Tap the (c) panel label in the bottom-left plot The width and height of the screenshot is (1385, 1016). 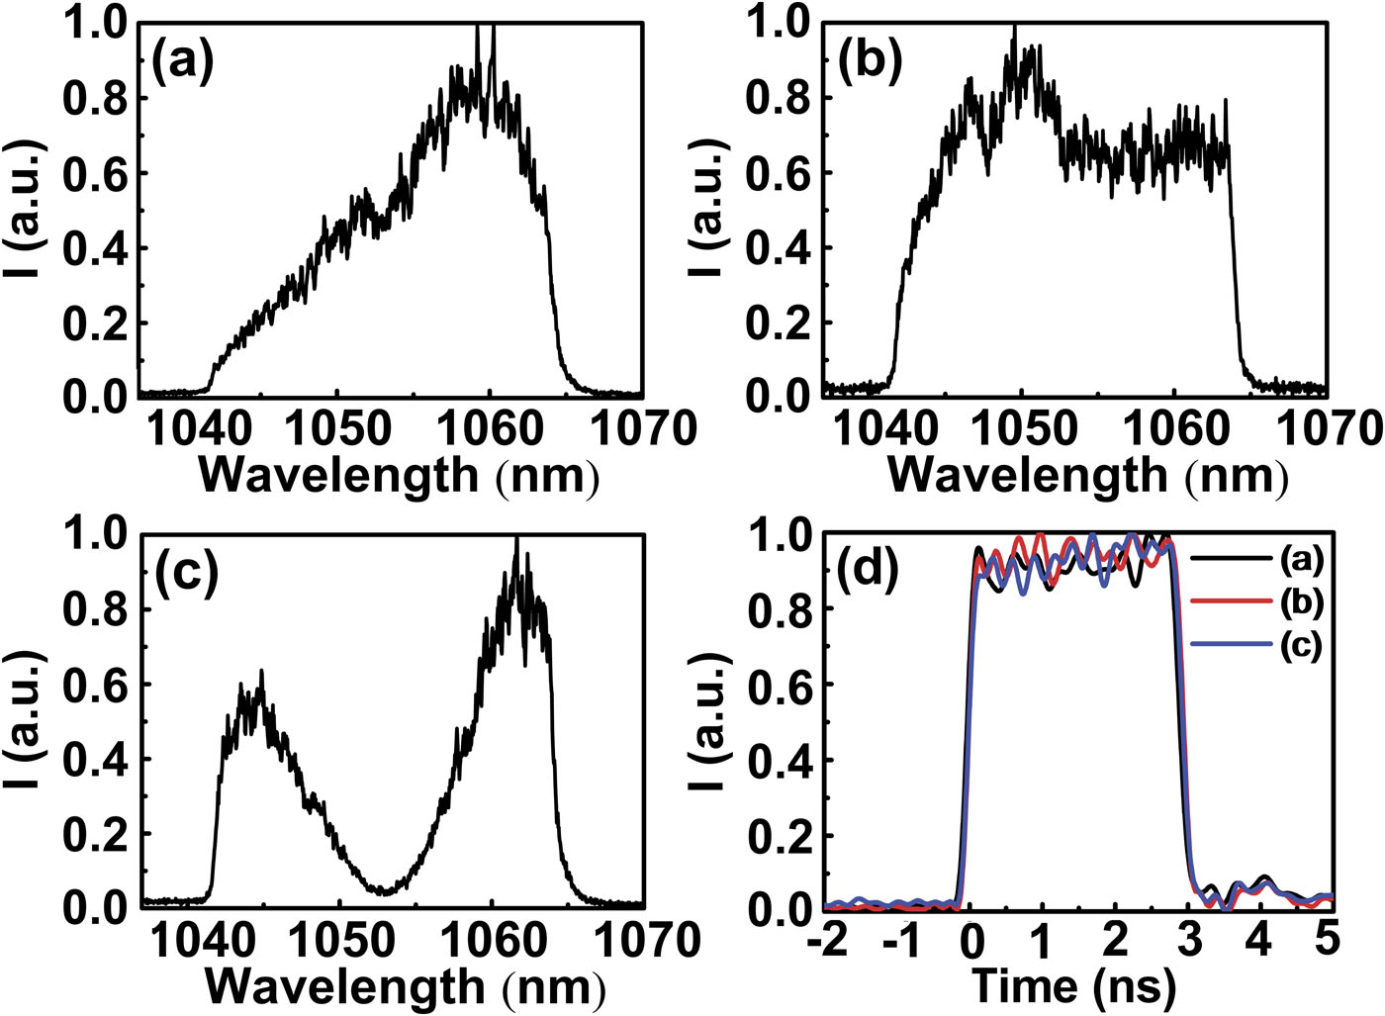185,576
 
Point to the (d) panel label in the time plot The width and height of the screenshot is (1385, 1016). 868,573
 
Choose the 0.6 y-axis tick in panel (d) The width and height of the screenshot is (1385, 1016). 784,685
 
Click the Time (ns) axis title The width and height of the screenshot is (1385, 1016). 1073,985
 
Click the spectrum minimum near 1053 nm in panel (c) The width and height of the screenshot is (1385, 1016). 386,891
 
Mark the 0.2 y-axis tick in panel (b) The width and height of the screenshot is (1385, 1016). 785,323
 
